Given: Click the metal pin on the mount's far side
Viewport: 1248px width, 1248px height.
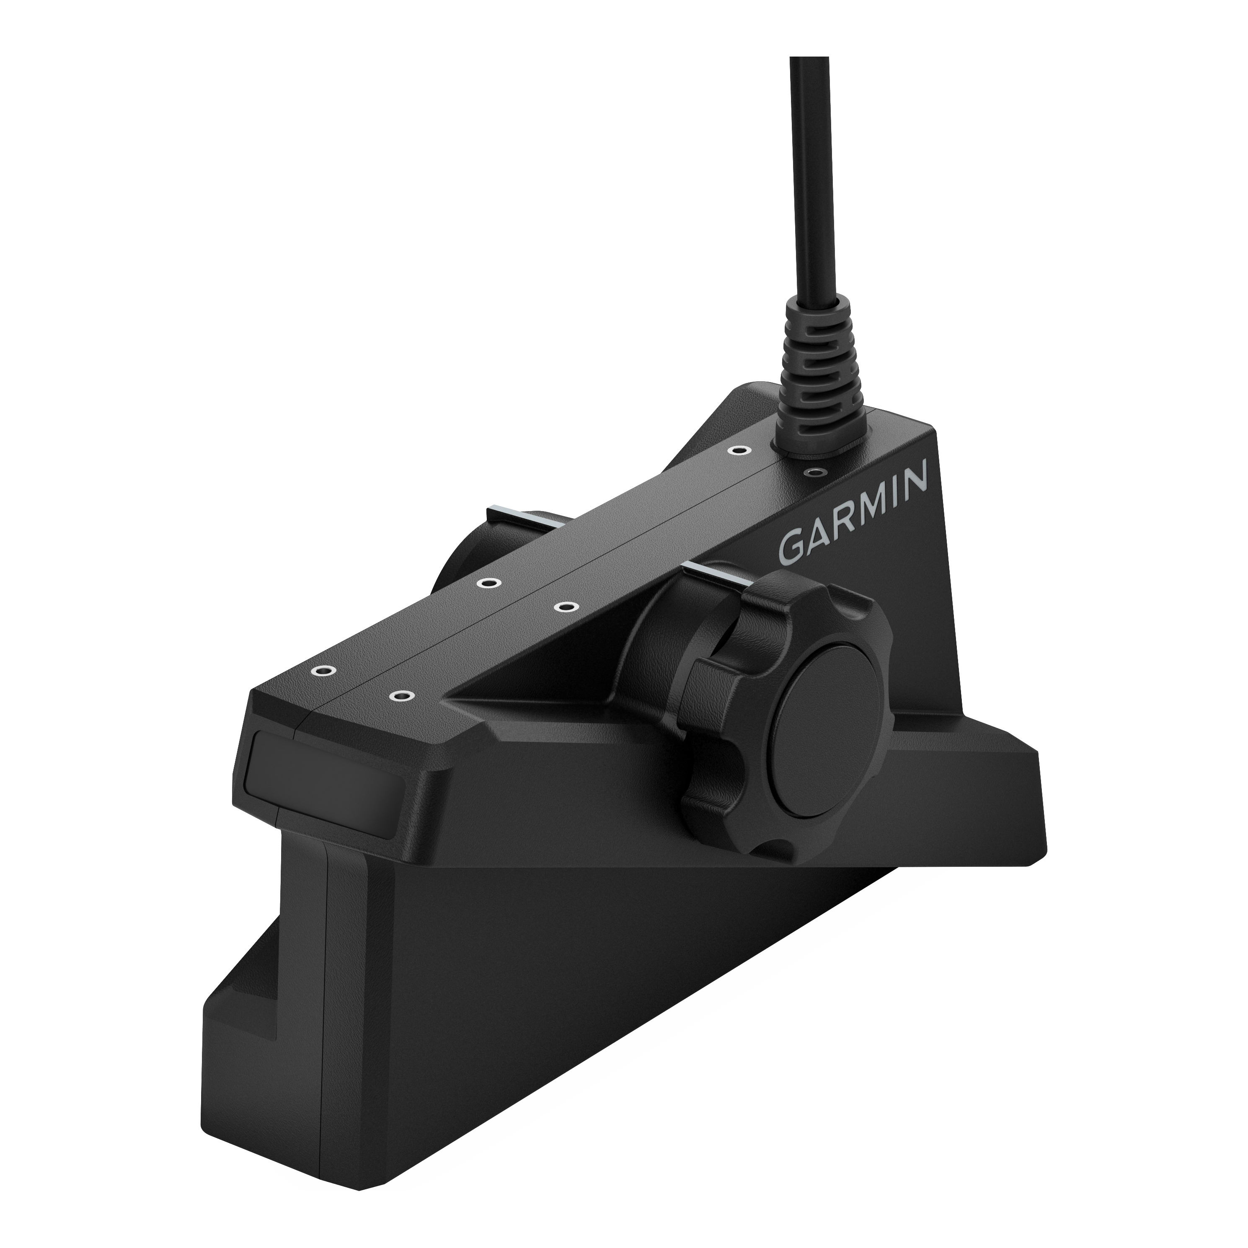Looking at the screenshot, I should [x=517, y=514].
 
